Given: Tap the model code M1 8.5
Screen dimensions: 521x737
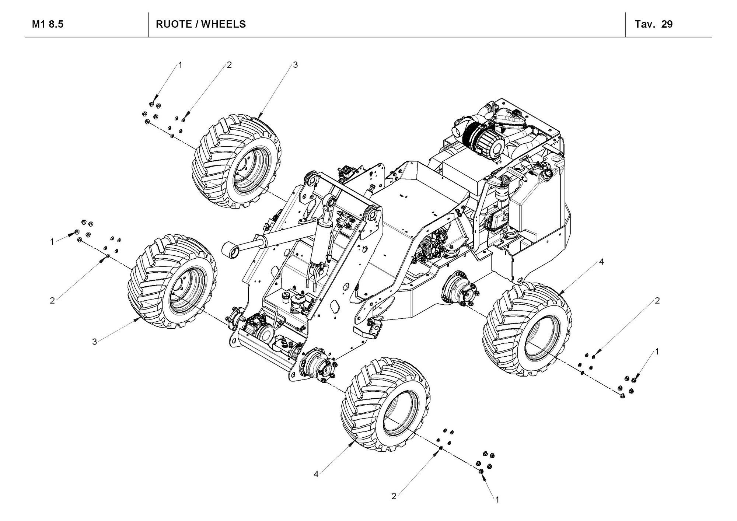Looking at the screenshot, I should [48, 24].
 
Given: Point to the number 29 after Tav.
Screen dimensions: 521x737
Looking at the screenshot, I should [667, 24].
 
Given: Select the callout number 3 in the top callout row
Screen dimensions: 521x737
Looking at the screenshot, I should [295, 65].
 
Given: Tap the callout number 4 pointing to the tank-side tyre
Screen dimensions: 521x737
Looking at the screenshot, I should [601, 262].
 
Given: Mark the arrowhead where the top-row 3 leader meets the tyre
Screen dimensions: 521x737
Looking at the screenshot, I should [258, 118].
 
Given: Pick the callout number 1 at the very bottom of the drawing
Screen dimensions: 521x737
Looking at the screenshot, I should [497, 500].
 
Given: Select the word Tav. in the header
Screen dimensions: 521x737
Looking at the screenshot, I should [645, 24].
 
